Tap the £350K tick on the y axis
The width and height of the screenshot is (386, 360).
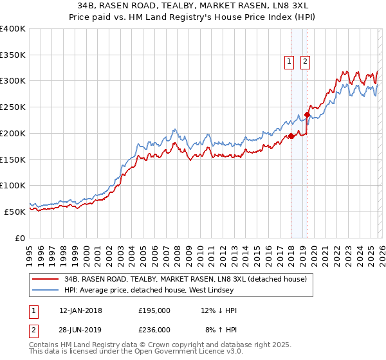tap(13, 55)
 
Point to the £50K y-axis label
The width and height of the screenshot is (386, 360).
tap(15, 212)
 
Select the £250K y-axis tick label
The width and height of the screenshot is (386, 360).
tap(13, 107)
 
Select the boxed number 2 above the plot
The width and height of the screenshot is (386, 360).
tap(304, 62)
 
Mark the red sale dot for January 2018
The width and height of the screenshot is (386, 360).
tap(291, 136)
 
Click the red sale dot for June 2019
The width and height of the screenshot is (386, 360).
tap(308, 115)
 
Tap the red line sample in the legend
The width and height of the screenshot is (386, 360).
tap(46, 279)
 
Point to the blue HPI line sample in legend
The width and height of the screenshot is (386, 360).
tap(46, 290)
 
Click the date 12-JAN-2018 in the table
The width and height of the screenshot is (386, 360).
tap(80, 310)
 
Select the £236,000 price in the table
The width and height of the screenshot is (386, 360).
tap(154, 329)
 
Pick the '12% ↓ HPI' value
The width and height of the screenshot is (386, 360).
tap(219, 310)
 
